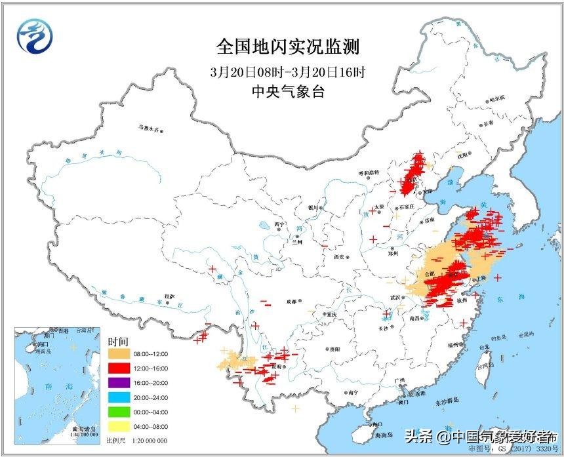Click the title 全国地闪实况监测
pos(288,47)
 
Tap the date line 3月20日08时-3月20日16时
pos(288,71)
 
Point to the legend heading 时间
pos(119,342)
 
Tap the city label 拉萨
pos(170,296)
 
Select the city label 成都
pos(291,302)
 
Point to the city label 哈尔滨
pos(498,99)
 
